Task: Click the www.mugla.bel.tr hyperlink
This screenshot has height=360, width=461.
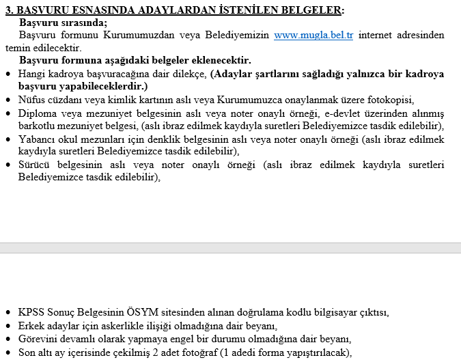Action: (x=313, y=36)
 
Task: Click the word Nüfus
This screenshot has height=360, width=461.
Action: (x=33, y=99)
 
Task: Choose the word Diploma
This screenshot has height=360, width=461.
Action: (x=38, y=113)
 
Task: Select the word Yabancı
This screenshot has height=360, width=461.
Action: (x=38, y=139)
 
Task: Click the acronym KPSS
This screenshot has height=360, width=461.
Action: (x=32, y=314)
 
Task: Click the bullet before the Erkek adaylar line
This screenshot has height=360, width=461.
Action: (x=8, y=327)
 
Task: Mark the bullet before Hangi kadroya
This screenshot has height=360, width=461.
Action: (x=8, y=73)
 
